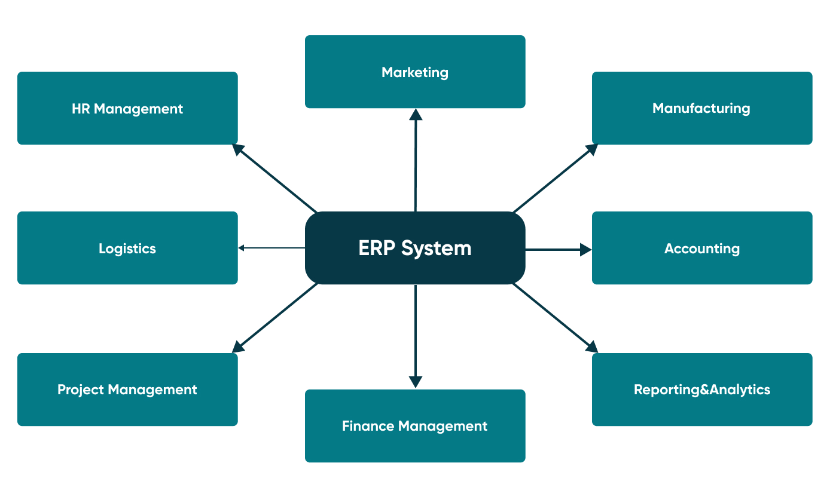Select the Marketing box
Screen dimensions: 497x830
(415, 72)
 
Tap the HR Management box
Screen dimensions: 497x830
(127, 108)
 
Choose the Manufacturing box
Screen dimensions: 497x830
(702, 108)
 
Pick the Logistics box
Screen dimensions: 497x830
(127, 248)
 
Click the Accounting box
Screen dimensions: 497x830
(702, 248)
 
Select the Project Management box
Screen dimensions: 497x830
(127, 389)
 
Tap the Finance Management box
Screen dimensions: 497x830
(415, 426)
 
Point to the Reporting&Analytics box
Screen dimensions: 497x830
(702, 389)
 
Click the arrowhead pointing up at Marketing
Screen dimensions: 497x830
(416, 114)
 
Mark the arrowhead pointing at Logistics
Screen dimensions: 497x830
(241, 248)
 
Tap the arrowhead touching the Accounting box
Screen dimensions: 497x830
(586, 250)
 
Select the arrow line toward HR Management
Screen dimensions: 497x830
(277, 179)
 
